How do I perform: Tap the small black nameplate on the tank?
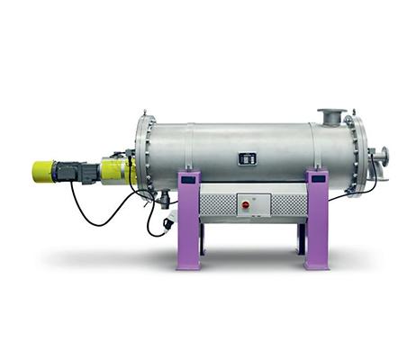(x=247, y=159)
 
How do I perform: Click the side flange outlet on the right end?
(x=382, y=155)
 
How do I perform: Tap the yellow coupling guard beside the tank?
(x=116, y=169)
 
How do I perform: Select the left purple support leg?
(x=188, y=220)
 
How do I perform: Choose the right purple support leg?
(x=317, y=220)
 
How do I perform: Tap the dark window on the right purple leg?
(x=316, y=179)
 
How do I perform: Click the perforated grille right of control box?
(x=289, y=204)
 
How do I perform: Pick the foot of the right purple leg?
(x=317, y=265)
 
